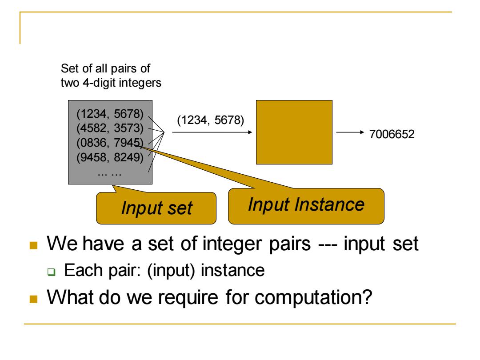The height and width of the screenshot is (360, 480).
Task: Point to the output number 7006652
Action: (392, 134)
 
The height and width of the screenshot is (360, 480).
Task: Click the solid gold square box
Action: (294, 132)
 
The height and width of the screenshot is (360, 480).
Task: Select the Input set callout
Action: (156, 208)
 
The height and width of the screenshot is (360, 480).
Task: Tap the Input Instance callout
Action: (306, 206)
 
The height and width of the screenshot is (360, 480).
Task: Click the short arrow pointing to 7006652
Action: (350, 132)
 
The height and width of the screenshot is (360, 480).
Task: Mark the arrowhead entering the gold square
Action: (250, 132)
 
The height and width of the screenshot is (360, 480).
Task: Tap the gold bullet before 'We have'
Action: (33, 245)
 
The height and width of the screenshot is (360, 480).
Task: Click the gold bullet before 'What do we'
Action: (33, 299)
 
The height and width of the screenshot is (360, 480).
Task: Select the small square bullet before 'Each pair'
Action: (52, 272)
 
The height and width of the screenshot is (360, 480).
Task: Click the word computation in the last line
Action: (313, 297)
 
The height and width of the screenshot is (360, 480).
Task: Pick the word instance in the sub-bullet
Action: (232, 270)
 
